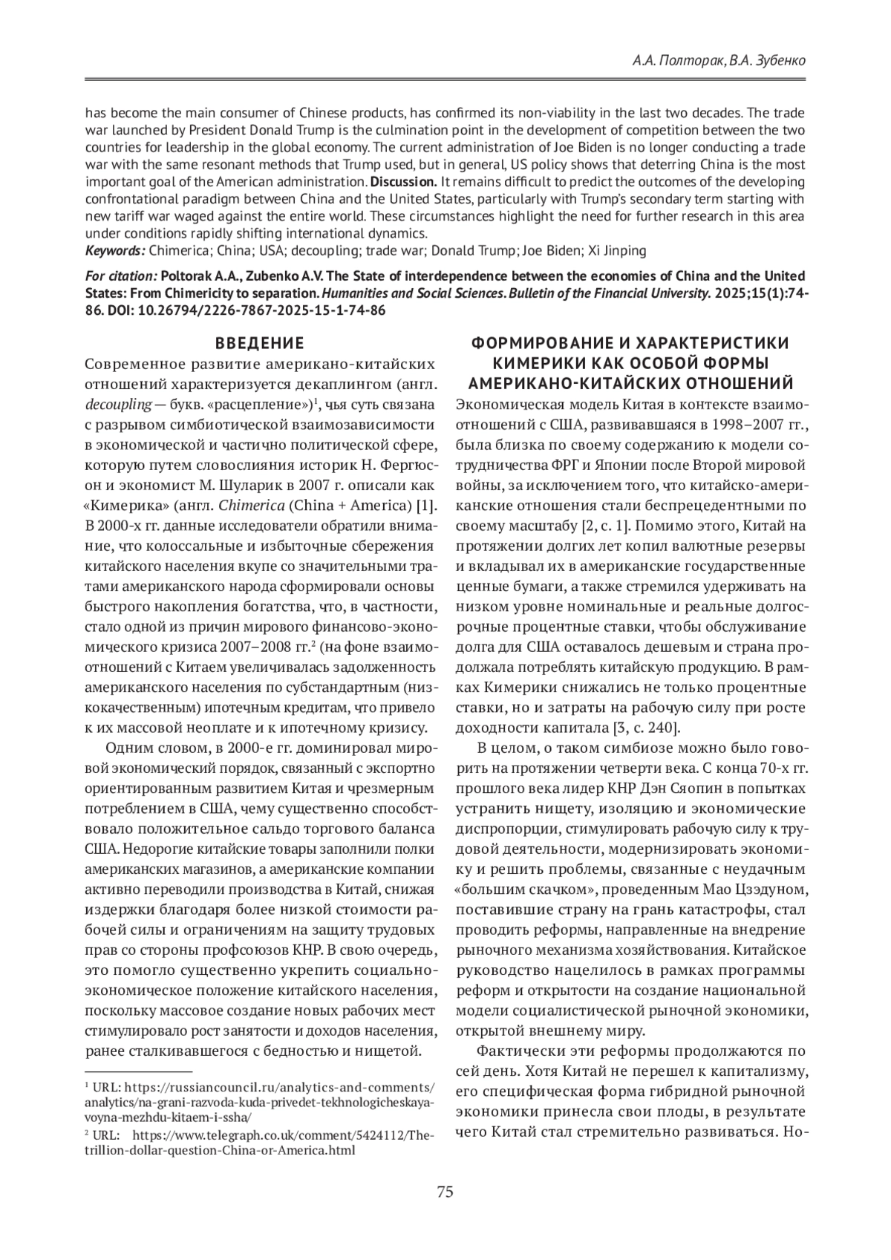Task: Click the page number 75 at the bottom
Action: (446, 1192)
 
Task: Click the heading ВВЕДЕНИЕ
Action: (259, 343)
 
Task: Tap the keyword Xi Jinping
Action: (618, 249)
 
